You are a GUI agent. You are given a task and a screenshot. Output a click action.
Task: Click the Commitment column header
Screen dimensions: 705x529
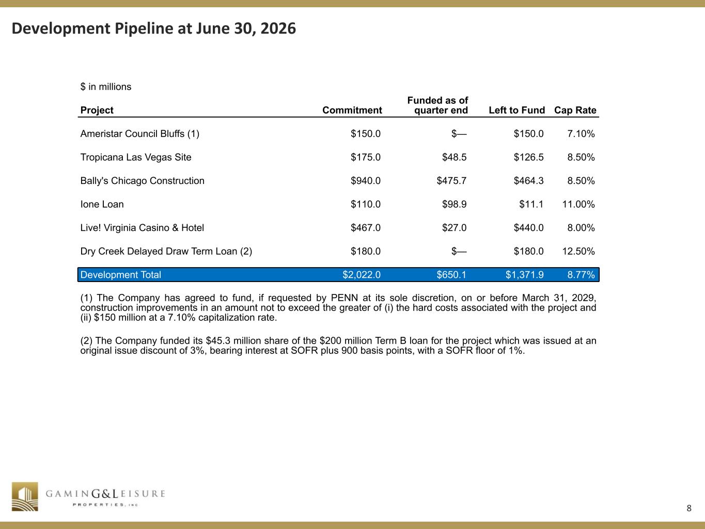[352, 110]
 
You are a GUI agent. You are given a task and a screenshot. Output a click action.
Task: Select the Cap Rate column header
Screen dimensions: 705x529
[575, 110]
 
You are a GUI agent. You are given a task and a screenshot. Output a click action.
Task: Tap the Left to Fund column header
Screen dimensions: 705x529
[517, 110]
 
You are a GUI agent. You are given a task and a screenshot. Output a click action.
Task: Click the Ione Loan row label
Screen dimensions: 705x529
[102, 204]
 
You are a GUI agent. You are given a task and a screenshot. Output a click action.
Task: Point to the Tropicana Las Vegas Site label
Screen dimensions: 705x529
[135, 158]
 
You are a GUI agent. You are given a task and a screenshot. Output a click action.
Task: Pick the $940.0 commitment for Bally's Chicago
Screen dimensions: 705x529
[366, 181]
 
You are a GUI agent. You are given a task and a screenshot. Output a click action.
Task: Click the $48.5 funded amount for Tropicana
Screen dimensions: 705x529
[454, 158]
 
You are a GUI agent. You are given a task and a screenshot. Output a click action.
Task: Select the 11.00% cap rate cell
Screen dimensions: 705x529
[578, 204]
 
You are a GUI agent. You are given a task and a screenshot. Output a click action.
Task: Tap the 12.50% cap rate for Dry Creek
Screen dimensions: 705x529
[578, 251]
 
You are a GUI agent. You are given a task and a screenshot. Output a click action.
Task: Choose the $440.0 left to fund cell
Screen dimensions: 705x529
[529, 228]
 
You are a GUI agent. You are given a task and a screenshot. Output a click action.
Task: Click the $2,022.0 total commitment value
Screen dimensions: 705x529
[362, 275]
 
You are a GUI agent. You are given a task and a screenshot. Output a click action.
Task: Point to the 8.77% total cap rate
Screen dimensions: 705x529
[581, 275]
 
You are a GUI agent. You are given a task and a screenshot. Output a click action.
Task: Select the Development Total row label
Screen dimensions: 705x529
[120, 275]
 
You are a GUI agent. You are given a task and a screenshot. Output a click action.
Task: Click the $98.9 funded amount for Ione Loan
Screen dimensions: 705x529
[454, 204]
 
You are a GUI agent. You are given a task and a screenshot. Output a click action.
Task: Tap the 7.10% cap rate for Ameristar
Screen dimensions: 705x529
[581, 134]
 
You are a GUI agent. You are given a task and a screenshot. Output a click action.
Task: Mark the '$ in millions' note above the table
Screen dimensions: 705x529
[106, 87]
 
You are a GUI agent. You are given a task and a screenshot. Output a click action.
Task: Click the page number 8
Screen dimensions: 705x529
[689, 508]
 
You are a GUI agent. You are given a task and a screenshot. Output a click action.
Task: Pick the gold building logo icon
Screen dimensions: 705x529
[25, 496]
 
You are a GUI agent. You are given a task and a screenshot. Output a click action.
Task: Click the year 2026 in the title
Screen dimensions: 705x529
[278, 28]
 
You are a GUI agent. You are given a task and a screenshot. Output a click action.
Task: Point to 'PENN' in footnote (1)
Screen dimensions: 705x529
[344, 298]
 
